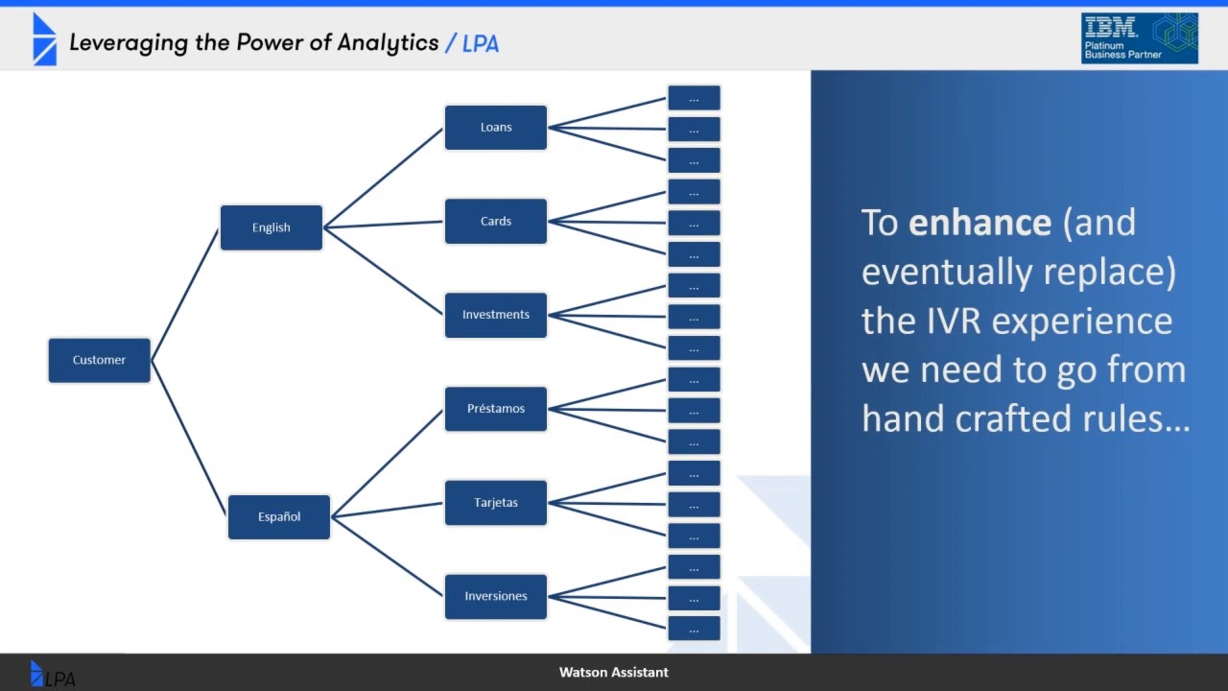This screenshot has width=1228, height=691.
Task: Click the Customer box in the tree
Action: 99,360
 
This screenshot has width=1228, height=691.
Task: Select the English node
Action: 271,227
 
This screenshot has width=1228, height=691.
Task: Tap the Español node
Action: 278,516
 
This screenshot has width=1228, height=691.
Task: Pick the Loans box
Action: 495,127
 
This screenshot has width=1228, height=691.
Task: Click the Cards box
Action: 495,221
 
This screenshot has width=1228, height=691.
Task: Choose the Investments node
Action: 495,315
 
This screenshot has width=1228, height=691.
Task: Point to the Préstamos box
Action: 495,409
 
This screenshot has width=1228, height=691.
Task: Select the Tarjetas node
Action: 495,503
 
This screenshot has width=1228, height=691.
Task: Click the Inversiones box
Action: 495,596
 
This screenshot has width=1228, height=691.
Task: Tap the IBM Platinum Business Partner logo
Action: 1139,38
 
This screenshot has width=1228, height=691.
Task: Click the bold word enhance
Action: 980,223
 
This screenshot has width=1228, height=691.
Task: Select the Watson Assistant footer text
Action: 613,672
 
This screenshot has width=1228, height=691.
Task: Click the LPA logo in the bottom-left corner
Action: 52,675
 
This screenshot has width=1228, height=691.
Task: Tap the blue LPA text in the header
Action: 480,43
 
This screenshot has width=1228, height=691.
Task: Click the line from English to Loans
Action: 384,177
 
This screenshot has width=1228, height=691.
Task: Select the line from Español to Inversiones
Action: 388,557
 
